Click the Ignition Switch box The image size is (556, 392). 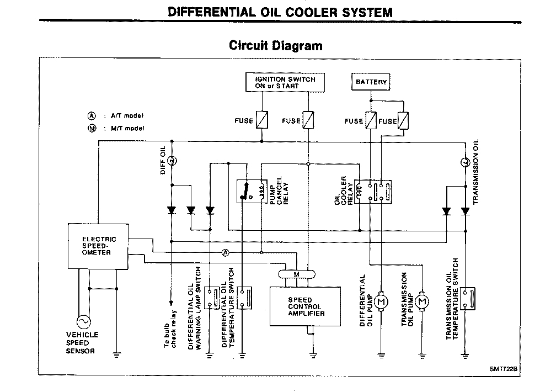point(285,83)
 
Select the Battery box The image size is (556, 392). point(371,82)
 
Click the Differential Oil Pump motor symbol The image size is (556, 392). point(381,301)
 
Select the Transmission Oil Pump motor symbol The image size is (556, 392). point(423,301)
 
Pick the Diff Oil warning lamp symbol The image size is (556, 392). point(171,161)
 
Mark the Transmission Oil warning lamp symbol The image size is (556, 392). point(464,162)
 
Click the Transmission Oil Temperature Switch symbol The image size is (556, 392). point(468,299)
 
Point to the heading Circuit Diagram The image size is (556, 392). point(276,45)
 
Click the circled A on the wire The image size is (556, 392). point(226,253)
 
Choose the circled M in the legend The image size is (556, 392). point(92,128)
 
